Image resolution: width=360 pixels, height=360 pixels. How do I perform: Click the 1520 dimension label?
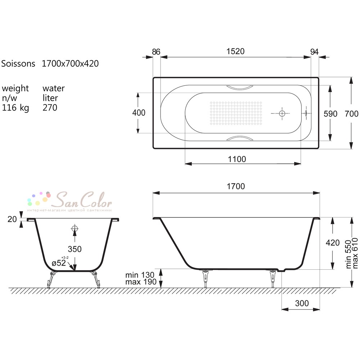tap(235, 51)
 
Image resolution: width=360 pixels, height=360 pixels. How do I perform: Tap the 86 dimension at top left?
tap(156, 52)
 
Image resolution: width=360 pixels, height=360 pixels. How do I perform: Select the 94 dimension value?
tap(314, 52)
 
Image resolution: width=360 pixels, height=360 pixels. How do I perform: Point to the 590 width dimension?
tap(330, 114)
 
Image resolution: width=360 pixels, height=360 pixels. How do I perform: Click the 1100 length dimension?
tap(237, 159)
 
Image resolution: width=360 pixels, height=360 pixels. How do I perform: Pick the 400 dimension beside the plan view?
tap(139, 113)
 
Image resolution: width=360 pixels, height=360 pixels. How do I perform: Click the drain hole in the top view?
tap(282, 113)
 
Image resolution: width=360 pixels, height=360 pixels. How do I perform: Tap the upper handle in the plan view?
tap(240, 87)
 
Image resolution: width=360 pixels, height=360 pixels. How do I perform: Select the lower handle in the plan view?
tap(240, 138)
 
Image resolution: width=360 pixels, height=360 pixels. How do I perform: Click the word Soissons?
tap(18, 64)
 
